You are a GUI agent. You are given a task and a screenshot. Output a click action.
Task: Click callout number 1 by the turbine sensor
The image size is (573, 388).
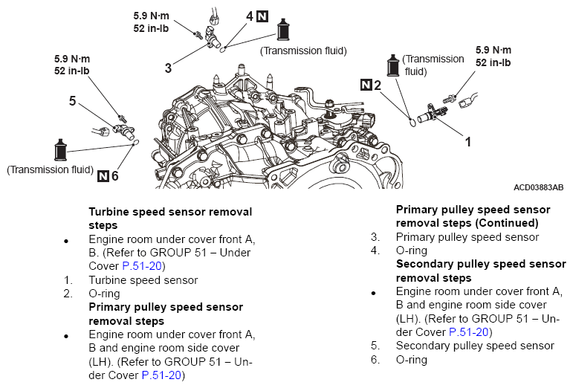[467, 142]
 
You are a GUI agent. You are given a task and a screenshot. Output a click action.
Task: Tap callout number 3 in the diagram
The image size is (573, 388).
[168, 68]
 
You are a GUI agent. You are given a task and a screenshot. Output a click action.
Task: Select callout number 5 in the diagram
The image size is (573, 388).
[72, 101]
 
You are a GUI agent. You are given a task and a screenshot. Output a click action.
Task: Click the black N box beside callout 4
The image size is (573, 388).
[262, 16]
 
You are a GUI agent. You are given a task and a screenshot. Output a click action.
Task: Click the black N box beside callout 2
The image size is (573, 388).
[366, 85]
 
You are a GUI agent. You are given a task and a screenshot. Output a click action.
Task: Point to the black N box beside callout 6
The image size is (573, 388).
[103, 176]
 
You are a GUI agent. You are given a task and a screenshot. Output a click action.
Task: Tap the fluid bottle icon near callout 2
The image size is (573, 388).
[393, 65]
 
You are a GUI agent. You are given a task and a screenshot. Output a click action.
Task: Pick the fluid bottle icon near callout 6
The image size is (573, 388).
[60, 150]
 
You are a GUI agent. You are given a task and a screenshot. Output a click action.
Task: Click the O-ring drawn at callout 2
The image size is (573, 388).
[412, 122]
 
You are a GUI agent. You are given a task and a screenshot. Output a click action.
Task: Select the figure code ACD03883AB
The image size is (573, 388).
[538, 187]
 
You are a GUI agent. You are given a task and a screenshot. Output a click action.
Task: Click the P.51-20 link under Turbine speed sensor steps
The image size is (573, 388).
[142, 266]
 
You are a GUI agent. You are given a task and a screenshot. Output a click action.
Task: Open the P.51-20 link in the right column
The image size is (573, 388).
[468, 332]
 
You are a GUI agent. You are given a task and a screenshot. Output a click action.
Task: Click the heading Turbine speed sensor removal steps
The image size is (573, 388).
[170, 219]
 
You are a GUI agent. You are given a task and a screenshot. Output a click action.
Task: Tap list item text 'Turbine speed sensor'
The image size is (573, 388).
[143, 280]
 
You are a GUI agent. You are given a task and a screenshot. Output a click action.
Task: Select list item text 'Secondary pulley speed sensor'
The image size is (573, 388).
[475, 346]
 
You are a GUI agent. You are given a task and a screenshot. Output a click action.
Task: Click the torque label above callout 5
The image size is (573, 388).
[72, 65]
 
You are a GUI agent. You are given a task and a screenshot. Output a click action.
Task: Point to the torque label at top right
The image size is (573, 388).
[493, 56]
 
